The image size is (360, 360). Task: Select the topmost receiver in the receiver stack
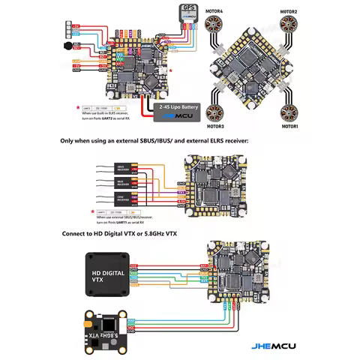[124, 169]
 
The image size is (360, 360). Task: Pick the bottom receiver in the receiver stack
[124, 199]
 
